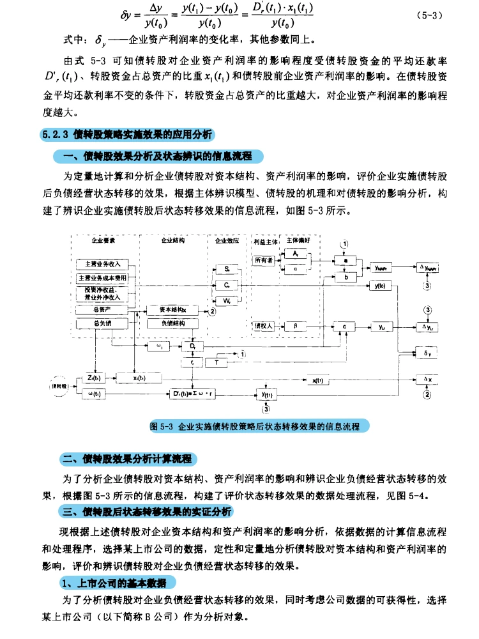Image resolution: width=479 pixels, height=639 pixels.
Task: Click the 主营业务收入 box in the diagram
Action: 103,263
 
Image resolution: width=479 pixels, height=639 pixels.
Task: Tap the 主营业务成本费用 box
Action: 103,278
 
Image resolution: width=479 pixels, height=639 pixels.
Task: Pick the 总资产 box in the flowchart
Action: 103,309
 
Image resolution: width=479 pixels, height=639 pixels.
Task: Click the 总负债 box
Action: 103,324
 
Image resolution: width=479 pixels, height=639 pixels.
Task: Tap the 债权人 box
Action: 264,326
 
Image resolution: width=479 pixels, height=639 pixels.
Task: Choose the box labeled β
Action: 295,326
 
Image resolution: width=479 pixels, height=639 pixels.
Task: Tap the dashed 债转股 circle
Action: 58,386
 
